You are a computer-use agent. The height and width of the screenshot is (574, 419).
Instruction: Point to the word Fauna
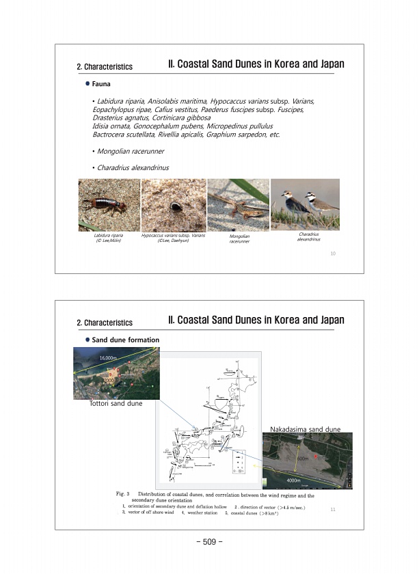click(x=102, y=83)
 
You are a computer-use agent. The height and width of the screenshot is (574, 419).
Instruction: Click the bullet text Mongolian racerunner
click(x=131, y=150)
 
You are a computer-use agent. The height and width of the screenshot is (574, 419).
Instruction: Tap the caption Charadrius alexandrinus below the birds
click(x=309, y=236)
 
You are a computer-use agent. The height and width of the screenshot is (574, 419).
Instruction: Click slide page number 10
click(x=332, y=254)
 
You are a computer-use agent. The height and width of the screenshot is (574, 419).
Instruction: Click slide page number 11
click(x=332, y=508)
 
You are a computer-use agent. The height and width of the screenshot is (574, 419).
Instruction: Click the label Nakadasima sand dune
click(x=306, y=428)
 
